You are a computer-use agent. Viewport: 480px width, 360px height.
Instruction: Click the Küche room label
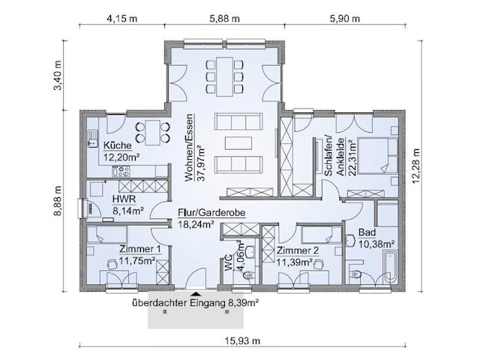[x=118, y=145]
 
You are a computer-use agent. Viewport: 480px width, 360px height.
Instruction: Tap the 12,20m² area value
[x=121, y=157]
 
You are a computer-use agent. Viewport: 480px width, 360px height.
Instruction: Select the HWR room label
[x=124, y=199]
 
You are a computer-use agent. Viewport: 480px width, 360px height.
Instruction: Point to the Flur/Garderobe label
[x=211, y=212]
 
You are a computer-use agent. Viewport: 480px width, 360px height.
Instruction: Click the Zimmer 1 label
[x=140, y=249]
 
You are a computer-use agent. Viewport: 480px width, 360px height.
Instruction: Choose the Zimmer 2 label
[x=298, y=250]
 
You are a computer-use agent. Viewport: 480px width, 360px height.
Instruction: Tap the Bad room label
[x=367, y=232]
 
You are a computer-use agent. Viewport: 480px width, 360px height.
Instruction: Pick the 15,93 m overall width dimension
[x=243, y=340]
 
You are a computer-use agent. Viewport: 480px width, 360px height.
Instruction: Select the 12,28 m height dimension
[x=416, y=166]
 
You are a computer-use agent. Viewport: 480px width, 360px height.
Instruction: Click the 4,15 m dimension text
[x=121, y=18]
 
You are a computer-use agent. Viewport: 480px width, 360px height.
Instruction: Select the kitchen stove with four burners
[x=121, y=171]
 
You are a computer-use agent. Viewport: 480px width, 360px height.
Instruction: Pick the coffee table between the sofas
[x=238, y=143]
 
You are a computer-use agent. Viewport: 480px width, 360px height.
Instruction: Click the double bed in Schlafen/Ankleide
[x=377, y=156]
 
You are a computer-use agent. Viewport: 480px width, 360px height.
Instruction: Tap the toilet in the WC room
[x=248, y=275]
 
